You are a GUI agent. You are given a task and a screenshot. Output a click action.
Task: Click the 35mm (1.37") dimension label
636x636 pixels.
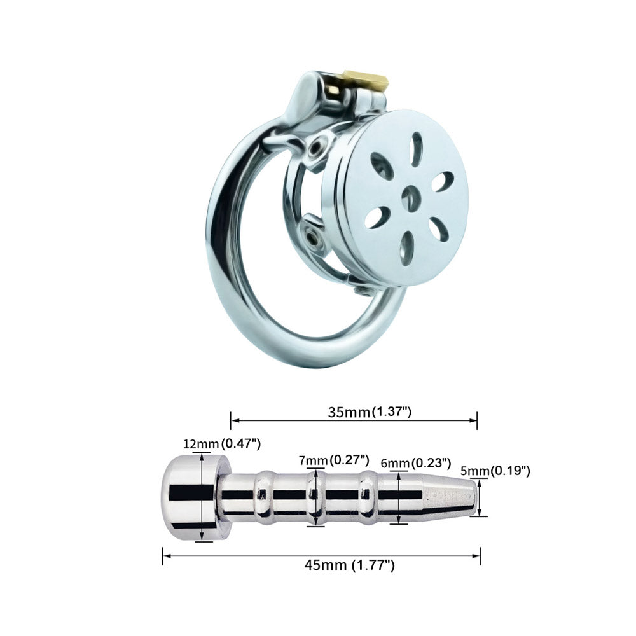tap(370, 411)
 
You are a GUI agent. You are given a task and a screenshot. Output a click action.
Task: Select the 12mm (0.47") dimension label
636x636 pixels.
tap(222, 443)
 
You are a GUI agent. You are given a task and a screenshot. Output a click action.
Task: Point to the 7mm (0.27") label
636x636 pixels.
tap(335, 459)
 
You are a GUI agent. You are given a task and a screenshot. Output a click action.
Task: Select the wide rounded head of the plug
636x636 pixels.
tap(191, 496)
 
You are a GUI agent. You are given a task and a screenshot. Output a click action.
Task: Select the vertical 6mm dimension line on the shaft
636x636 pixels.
tap(399, 497)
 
